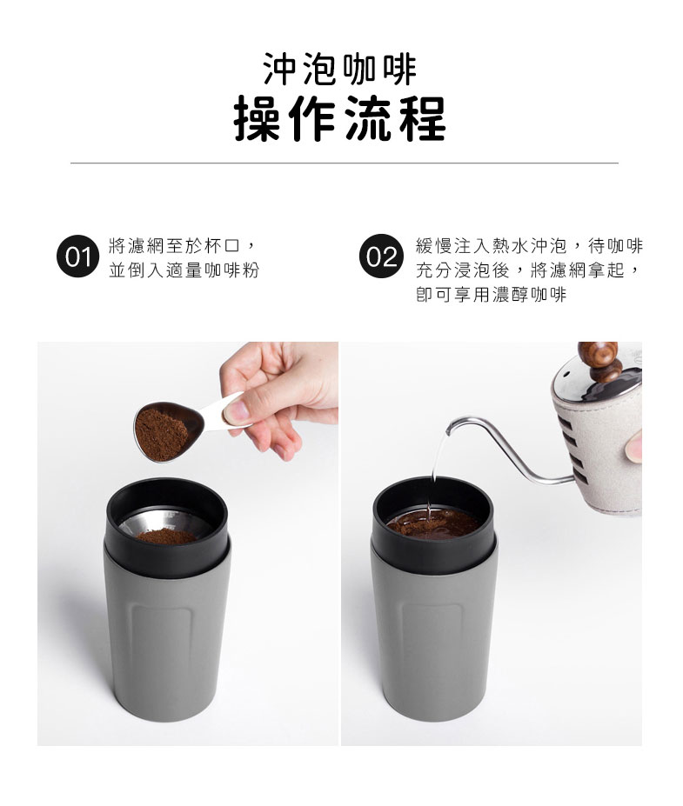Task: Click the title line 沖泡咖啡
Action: pos(339,70)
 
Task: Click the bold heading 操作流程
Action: pos(339,119)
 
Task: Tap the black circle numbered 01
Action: pos(78,256)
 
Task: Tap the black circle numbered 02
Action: pos(381,256)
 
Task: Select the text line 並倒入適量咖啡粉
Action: pos(184,270)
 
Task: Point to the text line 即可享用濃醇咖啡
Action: pos(491,295)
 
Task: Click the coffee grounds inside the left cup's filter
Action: pos(166,536)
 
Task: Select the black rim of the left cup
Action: pos(167,530)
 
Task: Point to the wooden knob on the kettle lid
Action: pos(599,361)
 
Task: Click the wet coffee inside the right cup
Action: pos(433,523)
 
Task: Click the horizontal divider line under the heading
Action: pos(344,163)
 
